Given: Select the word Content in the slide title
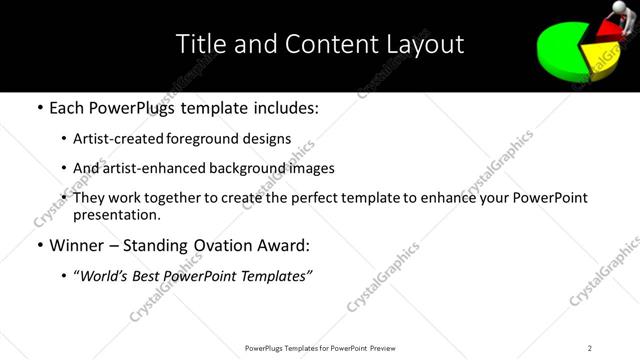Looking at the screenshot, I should [319, 44].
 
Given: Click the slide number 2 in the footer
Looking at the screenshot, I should [590, 347].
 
